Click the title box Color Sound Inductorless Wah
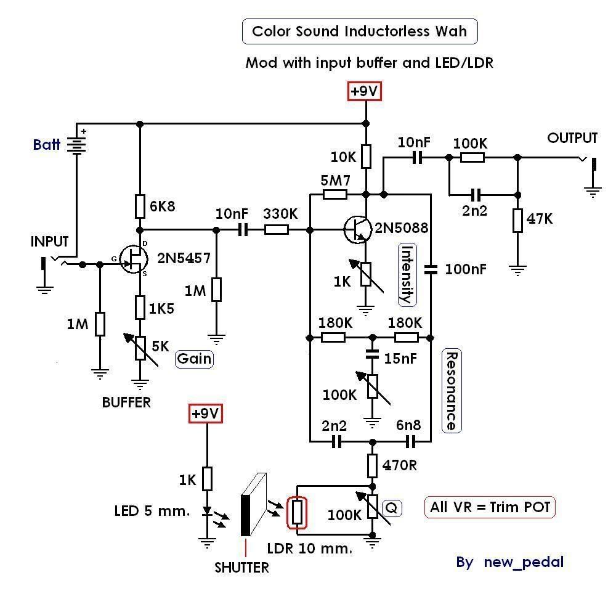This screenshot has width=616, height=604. (x=360, y=31)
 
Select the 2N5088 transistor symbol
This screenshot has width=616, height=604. (x=358, y=230)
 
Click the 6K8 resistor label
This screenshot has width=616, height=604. (x=163, y=206)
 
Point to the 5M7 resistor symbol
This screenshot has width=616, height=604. (x=334, y=195)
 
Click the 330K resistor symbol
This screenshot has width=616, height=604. (x=276, y=230)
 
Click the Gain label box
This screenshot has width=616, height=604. (x=194, y=359)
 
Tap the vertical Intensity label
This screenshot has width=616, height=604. (x=406, y=275)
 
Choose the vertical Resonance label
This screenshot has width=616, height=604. (x=452, y=391)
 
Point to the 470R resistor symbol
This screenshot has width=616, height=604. (x=372, y=465)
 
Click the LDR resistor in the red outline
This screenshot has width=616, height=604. (x=298, y=512)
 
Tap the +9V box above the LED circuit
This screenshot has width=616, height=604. (x=205, y=414)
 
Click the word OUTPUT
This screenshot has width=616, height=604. (x=572, y=138)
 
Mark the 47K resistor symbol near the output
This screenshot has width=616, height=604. (x=517, y=221)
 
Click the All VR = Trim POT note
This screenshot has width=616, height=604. (x=490, y=507)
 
